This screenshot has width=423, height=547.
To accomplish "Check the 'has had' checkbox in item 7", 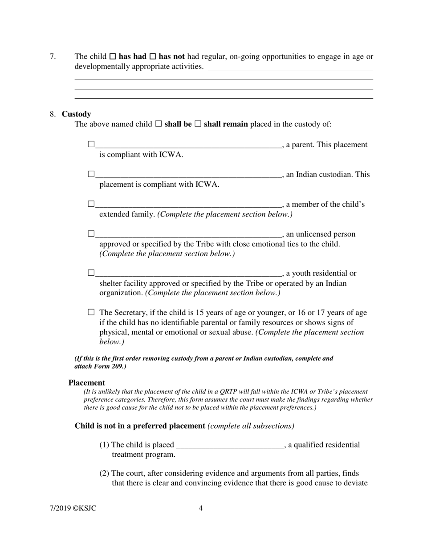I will point(113,57).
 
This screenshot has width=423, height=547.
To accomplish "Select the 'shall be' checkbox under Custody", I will point(159,124).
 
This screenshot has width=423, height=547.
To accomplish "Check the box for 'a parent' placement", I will point(91,144).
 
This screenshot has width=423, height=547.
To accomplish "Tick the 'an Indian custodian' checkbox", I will point(91,174).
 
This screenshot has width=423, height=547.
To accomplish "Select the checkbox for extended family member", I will point(91,204).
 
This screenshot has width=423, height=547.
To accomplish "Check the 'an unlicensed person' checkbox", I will point(91,233).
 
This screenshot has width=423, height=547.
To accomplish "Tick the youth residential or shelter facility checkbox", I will point(91,273).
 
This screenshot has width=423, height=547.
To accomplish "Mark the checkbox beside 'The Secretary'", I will point(91,313).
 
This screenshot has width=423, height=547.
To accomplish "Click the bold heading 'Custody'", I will point(76,114).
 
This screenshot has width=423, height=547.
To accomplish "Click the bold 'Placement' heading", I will point(87,383).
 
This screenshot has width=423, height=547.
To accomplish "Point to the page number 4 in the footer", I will point(201,509).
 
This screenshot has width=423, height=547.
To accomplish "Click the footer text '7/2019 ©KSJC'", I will point(73,509).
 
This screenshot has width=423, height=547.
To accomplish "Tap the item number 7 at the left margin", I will point(53,56).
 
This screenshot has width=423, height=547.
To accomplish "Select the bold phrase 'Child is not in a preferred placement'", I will point(140,426).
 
